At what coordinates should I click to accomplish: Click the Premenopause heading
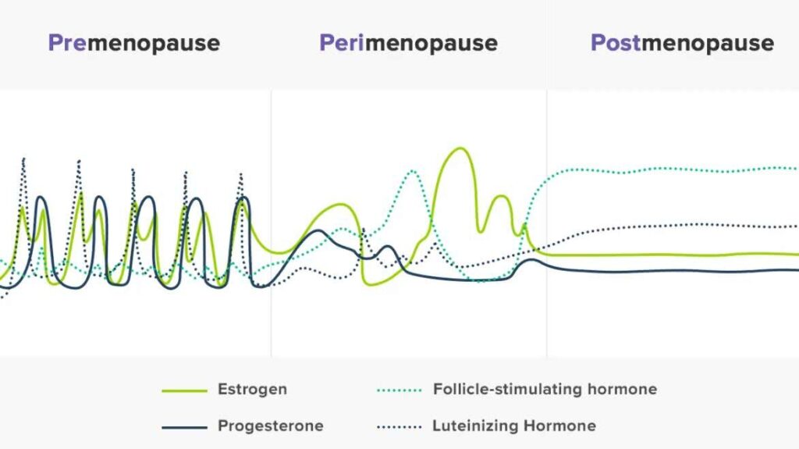tap(133, 43)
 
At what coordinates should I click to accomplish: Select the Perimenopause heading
tap(408, 43)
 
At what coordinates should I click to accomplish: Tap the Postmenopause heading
tap(682, 43)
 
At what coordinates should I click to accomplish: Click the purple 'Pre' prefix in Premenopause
tap(67, 43)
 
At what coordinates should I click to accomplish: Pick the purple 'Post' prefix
tap(616, 43)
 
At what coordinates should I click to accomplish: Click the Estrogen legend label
tap(252, 390)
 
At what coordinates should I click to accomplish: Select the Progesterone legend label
tap(270, 426)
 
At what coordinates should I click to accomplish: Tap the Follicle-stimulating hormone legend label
tap(545, 389)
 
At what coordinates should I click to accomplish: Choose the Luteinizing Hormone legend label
tap(514, 426)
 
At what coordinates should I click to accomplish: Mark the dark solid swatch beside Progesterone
tap(185, 427)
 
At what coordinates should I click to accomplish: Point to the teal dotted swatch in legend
tap(399, 390)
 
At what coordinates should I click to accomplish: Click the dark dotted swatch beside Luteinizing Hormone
tap(399, 427)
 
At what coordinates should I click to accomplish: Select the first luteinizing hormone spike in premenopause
tap(23, 159)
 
